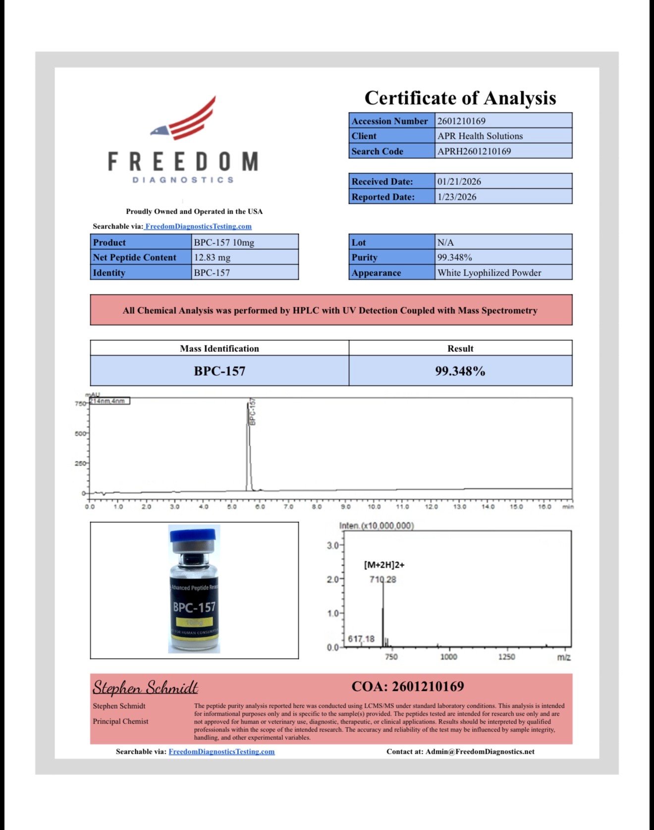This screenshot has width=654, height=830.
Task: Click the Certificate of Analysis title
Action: pos(460,98)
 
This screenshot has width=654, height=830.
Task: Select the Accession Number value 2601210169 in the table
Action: pos(461,121)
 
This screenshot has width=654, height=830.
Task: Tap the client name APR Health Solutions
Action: pos(480,136)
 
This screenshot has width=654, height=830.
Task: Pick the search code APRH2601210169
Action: pos(474,151)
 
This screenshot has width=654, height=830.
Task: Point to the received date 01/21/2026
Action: pos(459,181)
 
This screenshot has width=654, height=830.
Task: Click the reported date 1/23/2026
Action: pos(456,197)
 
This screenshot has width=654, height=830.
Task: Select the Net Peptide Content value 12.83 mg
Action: pos(212,257)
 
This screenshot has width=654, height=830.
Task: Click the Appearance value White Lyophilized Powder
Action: pos(489,273)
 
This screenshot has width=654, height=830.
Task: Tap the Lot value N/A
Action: pos(445,242)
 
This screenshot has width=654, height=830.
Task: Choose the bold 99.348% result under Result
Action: pos(460,371)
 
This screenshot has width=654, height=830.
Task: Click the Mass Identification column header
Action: pos(219,348)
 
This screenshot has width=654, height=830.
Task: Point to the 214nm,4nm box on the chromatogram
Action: pos(109,401)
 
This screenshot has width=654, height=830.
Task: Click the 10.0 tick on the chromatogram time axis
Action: pos(374,506)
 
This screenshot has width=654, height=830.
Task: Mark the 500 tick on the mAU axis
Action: pos(80,434)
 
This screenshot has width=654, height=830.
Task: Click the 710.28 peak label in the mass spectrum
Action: pos(382,579)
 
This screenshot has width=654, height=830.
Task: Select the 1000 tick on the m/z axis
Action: pos(448,657)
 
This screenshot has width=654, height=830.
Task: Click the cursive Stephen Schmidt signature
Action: pos(145,687)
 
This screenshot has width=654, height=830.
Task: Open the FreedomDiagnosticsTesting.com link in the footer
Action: pos(221,751)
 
